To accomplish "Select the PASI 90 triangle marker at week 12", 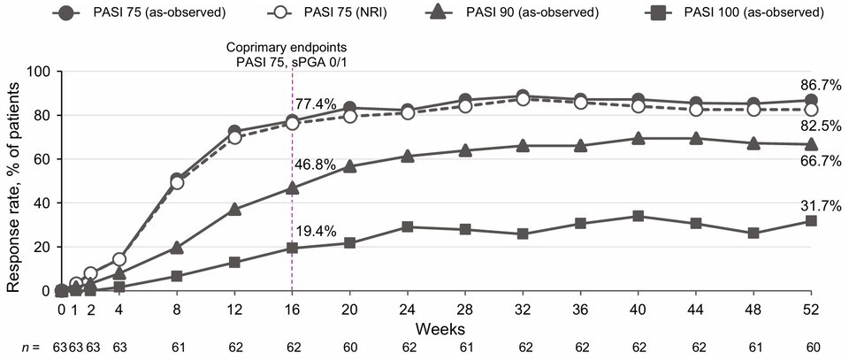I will click(234, 210).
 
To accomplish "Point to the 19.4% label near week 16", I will click(316, 233).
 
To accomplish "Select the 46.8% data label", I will click(316, 170).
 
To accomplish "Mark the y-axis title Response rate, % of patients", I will click(12, 181).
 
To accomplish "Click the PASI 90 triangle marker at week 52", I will click(810, 144).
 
